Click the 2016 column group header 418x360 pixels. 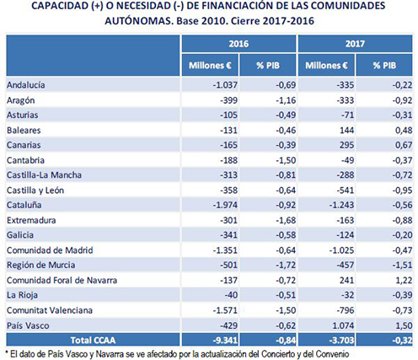pos(238,44)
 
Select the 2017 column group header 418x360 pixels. pos(355,44)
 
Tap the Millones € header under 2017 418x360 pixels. pos(326,66)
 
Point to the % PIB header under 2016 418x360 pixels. pos(268,66)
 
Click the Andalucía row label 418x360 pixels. pos(26,85)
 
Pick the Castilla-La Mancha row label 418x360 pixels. pos(44,175)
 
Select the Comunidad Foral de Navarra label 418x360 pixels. pos(62,280)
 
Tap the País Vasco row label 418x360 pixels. pos(28,325)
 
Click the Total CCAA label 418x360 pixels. pos(93,341)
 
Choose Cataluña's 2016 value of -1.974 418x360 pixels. pos(225,205)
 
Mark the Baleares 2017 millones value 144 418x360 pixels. pos(346,130)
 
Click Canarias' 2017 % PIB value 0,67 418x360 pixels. pos(404,145)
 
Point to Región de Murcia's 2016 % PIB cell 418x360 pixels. pos(286,265)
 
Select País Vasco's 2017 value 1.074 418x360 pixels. pos(343,325)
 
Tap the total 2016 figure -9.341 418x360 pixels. pos(225,341)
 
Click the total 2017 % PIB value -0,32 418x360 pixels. pos(402,341)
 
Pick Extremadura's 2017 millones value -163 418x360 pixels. pos(346,220)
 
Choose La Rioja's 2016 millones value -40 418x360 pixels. pos(231,295)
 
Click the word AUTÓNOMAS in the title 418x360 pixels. pos(139,20)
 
